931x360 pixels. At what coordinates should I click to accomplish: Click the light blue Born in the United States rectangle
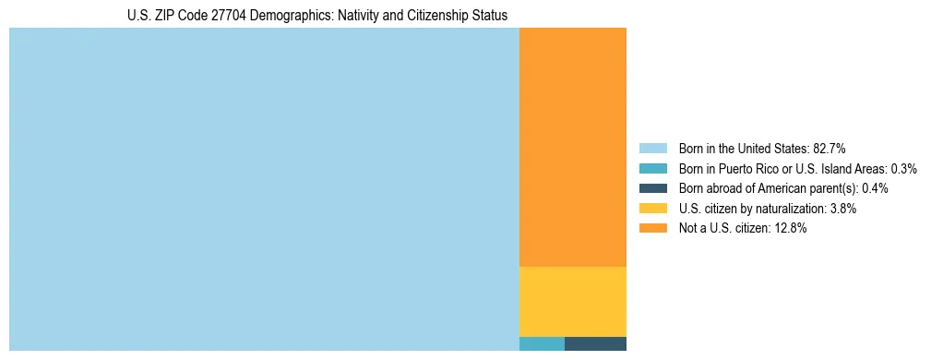264,189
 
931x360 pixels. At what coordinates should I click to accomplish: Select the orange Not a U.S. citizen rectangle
573,147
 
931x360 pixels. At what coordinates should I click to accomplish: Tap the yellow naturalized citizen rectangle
573,301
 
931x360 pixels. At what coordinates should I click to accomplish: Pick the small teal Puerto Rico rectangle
542,344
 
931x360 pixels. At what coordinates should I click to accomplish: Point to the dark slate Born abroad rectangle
595,344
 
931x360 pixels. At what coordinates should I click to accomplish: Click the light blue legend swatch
652,149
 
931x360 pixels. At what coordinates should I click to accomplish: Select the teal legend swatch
652,169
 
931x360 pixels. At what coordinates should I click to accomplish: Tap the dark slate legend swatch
652,188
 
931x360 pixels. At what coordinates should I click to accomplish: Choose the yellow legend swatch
652,209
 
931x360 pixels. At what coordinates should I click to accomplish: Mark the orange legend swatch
652,228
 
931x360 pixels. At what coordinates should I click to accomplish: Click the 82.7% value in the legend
830,149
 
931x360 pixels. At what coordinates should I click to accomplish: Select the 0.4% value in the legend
876,188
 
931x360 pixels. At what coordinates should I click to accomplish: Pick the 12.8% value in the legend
791,228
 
